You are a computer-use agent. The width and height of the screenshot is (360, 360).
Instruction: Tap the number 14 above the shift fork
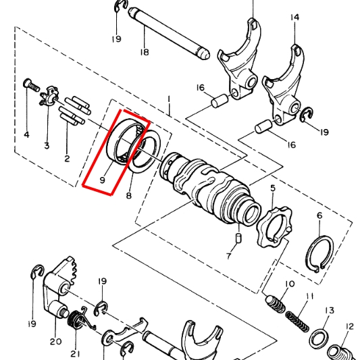click(294, 17)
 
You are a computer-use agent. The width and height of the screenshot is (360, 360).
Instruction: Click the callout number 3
click(47, 146)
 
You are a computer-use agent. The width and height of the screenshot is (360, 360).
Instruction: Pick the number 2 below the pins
click(67, 159)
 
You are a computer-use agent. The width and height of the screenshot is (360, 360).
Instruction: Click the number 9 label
click(103, 180)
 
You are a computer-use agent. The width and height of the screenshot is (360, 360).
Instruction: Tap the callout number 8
click(128, 196)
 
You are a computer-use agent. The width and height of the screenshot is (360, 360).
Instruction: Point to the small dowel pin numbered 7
click(238, 238)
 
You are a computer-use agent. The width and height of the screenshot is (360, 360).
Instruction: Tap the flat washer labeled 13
click(320, 337)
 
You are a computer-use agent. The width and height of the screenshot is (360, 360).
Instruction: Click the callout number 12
click(349, 326)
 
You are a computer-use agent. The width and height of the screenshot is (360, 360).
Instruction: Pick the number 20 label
click(55, 342)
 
